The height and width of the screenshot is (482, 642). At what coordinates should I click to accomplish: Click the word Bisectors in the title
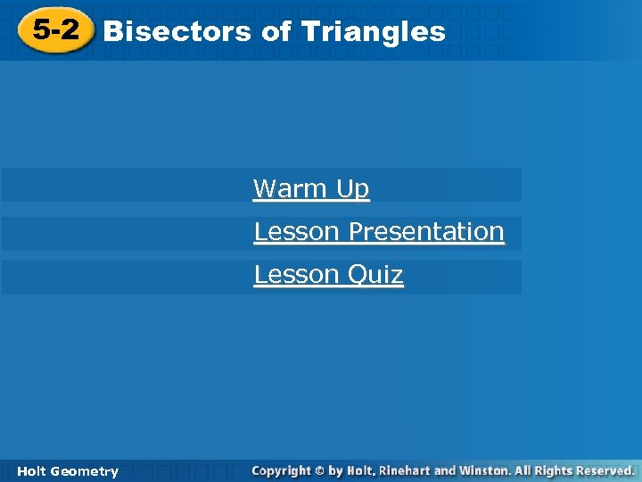pyautogui.click(x=177, y=32)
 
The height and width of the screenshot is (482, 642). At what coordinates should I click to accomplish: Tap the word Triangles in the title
pyautogui.click(x=374, y=32)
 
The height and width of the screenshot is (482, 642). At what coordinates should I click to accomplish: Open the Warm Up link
pyautogui.click(x=310, y=189)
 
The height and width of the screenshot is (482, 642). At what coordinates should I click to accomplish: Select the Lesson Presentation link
pyautogui.click(x=379, y=232)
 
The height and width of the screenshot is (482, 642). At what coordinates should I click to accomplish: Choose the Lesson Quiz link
pyautogui.click(x=328, y=275)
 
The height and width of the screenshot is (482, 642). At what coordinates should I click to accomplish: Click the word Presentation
pyautogui.click(x=426, y=232)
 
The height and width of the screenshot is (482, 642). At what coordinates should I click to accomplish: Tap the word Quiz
pyautogui.click(x=375, y=275)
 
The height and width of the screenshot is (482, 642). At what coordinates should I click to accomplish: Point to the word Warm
pyautogui.click(x=291, y=189)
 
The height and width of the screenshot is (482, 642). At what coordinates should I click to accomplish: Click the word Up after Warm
pyautogui.click(x=352, y=189)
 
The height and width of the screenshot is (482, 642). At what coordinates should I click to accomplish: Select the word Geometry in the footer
pyautogui.click(x=85, y=471)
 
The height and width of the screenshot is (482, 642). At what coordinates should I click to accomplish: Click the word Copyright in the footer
pyautogui.click(x=281, y=470)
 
